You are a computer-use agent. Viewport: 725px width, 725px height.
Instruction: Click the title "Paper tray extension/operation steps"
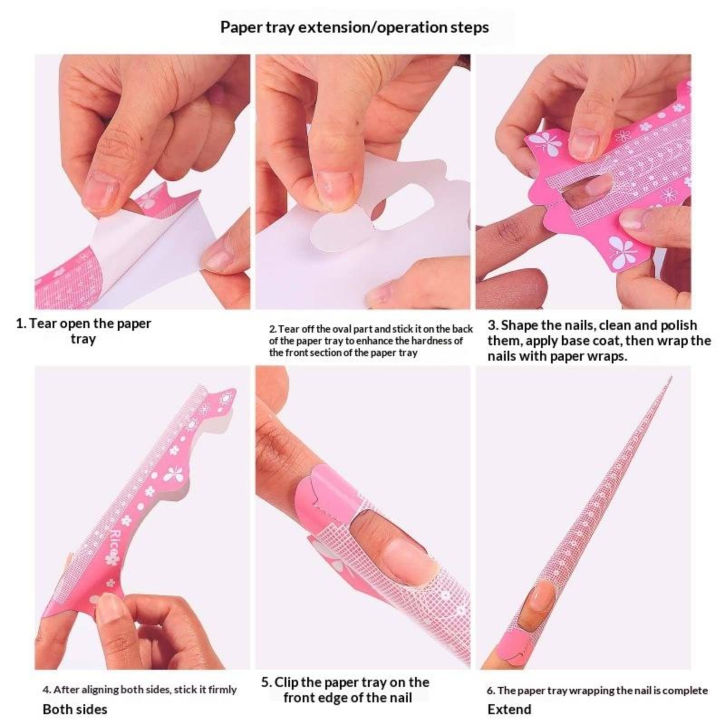pos(354,27)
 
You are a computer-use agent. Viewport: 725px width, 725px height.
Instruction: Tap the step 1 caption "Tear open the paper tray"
pos(84,331)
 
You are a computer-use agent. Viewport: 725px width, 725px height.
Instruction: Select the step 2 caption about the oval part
pos(371,340)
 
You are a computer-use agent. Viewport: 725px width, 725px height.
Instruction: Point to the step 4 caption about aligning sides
pos(140,689)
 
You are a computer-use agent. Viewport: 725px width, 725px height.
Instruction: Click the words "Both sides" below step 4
pos(75,709)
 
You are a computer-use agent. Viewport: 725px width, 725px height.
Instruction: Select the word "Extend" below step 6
pos(509,709)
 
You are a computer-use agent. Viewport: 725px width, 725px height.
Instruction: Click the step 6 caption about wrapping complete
pos(597,691)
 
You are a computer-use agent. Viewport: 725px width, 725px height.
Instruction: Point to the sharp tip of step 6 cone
pos(671,377)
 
